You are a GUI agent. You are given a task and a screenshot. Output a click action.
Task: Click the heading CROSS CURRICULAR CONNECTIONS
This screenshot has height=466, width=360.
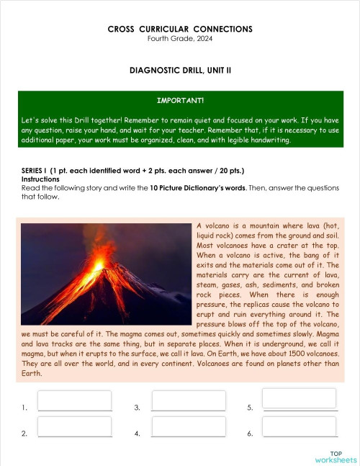click(x=180, y=29)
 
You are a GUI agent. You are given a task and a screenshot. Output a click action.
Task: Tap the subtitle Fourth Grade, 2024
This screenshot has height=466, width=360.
click(x=180, y=38)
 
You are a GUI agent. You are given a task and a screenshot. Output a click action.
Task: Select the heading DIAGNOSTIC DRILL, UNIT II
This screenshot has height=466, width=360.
click(x=180, y=71)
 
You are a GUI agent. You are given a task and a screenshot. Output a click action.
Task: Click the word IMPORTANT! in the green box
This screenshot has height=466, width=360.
click(x=180, y=100)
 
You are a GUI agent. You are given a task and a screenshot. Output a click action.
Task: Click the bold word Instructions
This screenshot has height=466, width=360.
click(x=41, y=179)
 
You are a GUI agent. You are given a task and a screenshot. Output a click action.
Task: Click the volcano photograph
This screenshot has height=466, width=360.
click(x=107, y=274)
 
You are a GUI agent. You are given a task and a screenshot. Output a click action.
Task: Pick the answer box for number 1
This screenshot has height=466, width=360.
click(x=74, y=400)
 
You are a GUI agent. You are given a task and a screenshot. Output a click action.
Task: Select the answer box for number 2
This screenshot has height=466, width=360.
click(x=74, y=426)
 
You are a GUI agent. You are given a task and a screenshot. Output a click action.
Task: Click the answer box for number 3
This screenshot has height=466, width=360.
click(x=189, y=400)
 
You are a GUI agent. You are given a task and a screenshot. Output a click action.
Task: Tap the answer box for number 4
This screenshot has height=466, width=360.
click(x=189, y=426)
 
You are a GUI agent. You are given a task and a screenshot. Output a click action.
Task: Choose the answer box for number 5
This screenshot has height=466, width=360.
click(x=299, y=398)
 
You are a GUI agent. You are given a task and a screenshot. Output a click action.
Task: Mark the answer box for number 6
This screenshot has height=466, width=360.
click(x=299, y=426)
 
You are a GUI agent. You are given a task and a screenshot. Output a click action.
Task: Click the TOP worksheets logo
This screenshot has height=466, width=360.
click(x=335, y=456)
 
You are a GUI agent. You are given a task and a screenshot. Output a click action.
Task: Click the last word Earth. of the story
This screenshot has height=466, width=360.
click(x=32, y=373)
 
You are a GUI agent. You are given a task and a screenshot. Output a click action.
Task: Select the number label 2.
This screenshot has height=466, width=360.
click(x=24, y=434)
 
